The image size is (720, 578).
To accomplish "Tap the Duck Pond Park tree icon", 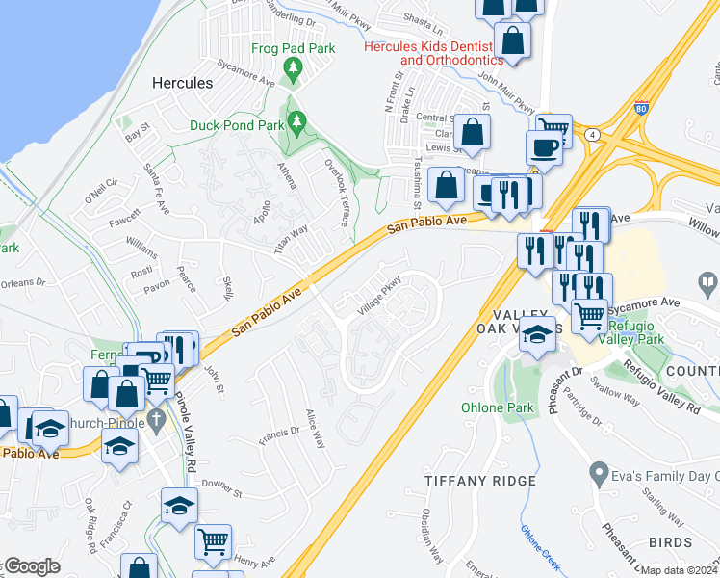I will [297, 121].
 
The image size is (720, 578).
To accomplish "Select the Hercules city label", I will [183, 84].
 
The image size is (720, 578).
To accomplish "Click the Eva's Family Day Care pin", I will [599, 475].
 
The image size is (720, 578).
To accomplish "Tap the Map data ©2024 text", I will [679, 570].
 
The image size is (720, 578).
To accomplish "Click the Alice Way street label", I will [314, 425].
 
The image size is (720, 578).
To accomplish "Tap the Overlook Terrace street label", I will [337, 193].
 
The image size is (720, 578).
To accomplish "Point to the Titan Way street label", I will [290, 238].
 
